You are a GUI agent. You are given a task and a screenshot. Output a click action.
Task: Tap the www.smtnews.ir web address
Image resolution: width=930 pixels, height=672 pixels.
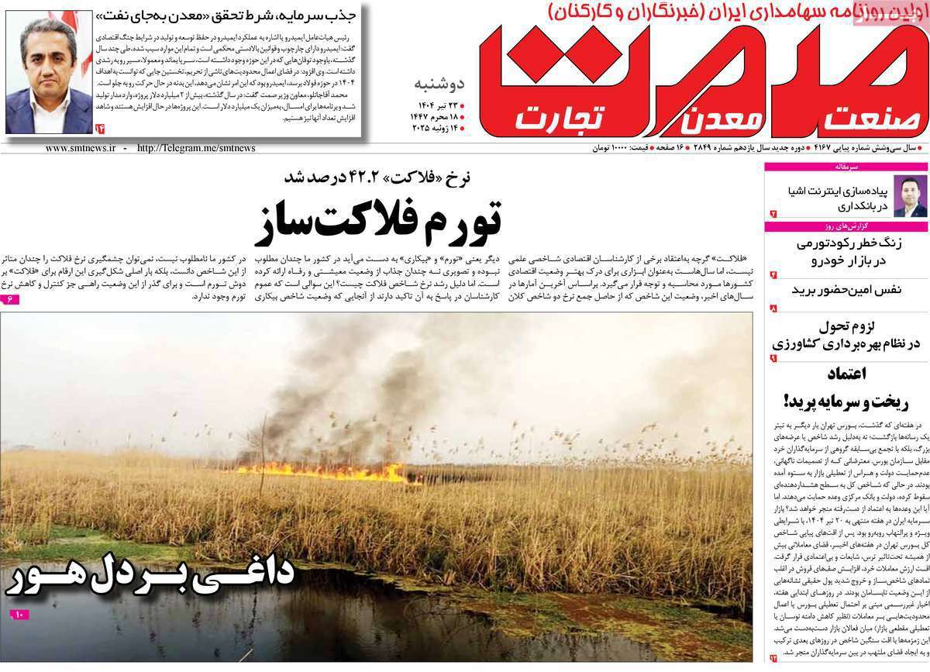pos(81,148)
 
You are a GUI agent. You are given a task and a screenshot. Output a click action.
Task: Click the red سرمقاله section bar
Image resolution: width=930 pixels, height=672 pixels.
pos(846,167)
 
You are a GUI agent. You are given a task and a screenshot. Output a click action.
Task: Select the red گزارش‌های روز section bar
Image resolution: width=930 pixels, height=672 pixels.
pos(846,226)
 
